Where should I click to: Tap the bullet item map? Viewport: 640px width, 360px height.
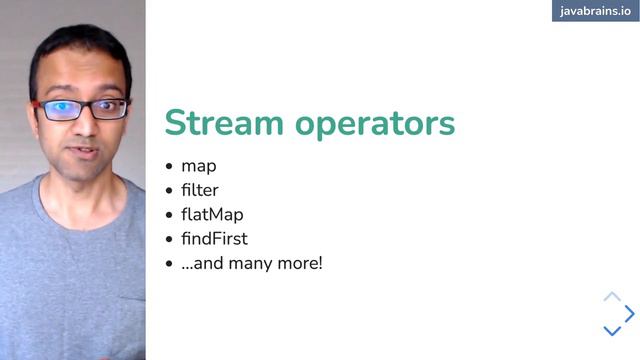(x=198, y=166)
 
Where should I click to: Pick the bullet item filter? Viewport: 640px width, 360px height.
(x=200, y=190)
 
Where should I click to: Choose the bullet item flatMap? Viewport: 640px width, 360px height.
(x=212, y=214)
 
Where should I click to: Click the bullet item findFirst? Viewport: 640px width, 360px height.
(x=214, y=239)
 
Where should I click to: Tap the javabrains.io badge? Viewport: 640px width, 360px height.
(x=595, y=11)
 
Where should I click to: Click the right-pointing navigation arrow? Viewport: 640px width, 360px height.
(x=630, y=313)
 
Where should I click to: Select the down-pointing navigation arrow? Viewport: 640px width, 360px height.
(x=612, y=331)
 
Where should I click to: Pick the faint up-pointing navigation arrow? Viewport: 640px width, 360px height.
(x=612, y=296)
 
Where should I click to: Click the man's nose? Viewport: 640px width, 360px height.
(x=84, y=125)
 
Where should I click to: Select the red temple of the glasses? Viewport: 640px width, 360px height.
(x=36, y=103)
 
